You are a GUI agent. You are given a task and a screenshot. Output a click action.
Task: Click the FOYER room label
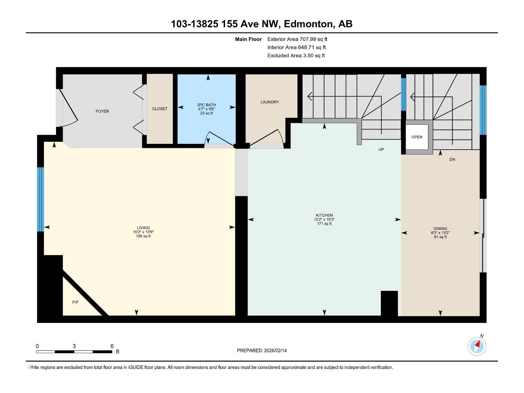(102, 111)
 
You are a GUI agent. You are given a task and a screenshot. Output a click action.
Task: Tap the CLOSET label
(159, 109)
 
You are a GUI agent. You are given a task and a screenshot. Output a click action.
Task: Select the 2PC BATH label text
(206, 105)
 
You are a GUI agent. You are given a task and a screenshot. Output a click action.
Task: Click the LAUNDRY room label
(270, 102)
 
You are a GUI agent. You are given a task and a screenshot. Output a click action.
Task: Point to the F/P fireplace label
(75, 302)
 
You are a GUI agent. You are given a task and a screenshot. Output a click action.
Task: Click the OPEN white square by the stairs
(417, 137)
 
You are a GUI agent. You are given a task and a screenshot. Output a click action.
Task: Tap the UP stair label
(381, 149)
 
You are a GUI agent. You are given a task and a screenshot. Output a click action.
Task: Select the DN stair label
(452, 159)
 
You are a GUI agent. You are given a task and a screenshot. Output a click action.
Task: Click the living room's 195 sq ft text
(143, 236)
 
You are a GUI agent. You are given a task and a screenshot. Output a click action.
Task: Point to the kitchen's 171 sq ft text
(324, 224)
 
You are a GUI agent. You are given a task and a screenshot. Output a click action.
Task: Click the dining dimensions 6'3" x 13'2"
(440, 233)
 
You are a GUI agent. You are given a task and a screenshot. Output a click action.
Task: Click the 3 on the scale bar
(74, 346)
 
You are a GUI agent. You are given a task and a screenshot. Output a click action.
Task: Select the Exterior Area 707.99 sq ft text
(297, 39)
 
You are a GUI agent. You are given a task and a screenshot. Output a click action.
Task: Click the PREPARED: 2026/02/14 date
(262, 350)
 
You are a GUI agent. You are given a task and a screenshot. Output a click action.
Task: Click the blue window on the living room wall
(40, 199)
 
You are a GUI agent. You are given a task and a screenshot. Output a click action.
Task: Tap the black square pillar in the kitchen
(389, 303)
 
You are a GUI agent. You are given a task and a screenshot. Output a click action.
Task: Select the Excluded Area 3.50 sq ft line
(296, 56)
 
